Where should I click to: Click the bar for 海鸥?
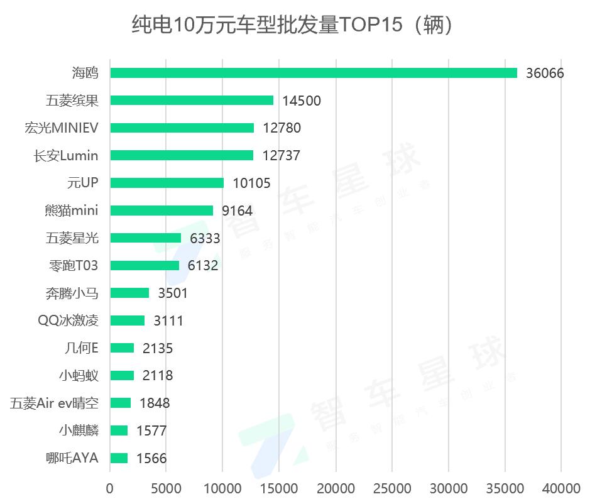click(x=313, y=73)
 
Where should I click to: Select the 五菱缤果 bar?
click(x=192, y=101)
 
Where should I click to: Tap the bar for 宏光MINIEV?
click(x=182, y=128)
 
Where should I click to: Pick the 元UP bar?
click(x=167, y=183)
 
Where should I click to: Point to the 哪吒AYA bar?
click(x=119, y=458)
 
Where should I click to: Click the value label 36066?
click(x=545, y=74)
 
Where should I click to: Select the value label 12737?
click(x=282, y=156)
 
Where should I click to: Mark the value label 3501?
click(x=172, y=293)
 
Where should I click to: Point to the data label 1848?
click(x=154, y=403)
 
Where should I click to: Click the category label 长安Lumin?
click(x=66, y=155)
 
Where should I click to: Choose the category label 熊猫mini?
click(x=72, y=211)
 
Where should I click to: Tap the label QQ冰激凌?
click(x=68, y=320)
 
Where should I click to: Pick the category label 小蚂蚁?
click(x=78, y=376)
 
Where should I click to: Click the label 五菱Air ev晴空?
click(x=54, y=403)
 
